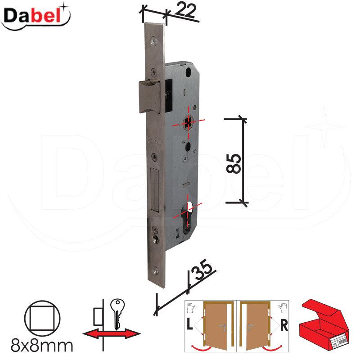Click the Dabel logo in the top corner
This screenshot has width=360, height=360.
tap(36, 17)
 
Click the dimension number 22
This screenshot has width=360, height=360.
tap(185, 10)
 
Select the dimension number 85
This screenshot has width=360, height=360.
tap(234, 163)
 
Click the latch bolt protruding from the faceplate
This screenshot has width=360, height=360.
tap(149, 96)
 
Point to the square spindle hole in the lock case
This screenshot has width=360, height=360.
tap(189, 123)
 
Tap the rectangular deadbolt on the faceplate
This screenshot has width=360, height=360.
tap(155, 189)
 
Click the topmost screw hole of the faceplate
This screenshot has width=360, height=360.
tap(153, 41)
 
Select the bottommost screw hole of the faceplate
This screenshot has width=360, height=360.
tap(155, 270)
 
